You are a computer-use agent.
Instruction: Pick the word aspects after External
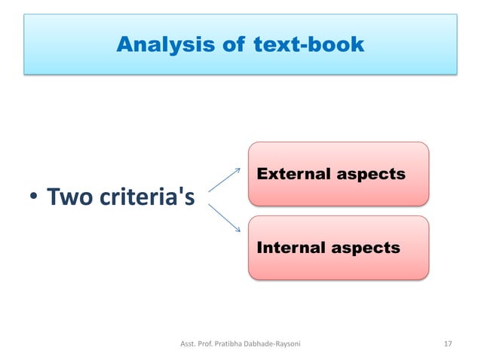pyautogui.click(x=371, y=175)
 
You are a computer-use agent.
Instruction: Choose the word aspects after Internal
pyautogui.click(x=366, y=248)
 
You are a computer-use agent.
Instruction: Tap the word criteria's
pyautogui.click(x=148, y=199)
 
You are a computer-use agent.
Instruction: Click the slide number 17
pyautogui.click(x=448, y=343)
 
